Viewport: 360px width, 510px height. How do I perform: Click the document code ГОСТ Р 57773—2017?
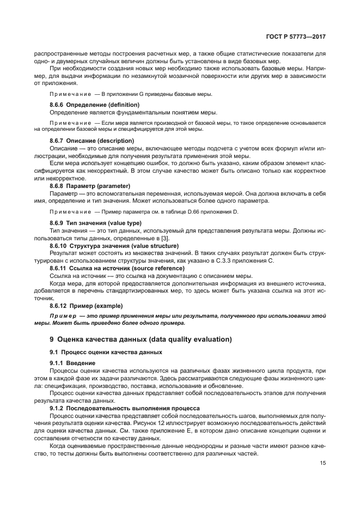(x=296, y=37)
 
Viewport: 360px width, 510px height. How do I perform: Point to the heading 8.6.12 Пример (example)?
(x=86, y=306)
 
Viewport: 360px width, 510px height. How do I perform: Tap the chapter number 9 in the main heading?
(x=52, y=339)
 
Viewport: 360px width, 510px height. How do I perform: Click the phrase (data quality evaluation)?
(x=185, y=339)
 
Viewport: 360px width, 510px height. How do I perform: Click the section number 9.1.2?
(x=57, y=408)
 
